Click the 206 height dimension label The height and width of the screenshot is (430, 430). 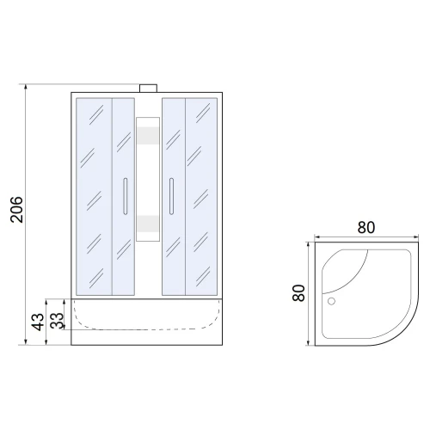[16, 210]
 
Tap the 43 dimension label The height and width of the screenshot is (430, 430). [38, 322]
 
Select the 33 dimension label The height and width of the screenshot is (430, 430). [57, 321]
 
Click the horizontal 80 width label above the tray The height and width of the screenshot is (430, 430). [366, 228]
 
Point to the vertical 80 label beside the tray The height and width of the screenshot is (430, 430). [298, 293]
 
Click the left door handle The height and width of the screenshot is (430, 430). [126, 196]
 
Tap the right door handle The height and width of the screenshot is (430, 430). [171, 196]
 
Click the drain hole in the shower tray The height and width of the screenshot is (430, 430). [331, 301]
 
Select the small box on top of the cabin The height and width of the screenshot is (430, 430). [148, 89]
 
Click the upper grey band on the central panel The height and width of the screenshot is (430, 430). [148, 135]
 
